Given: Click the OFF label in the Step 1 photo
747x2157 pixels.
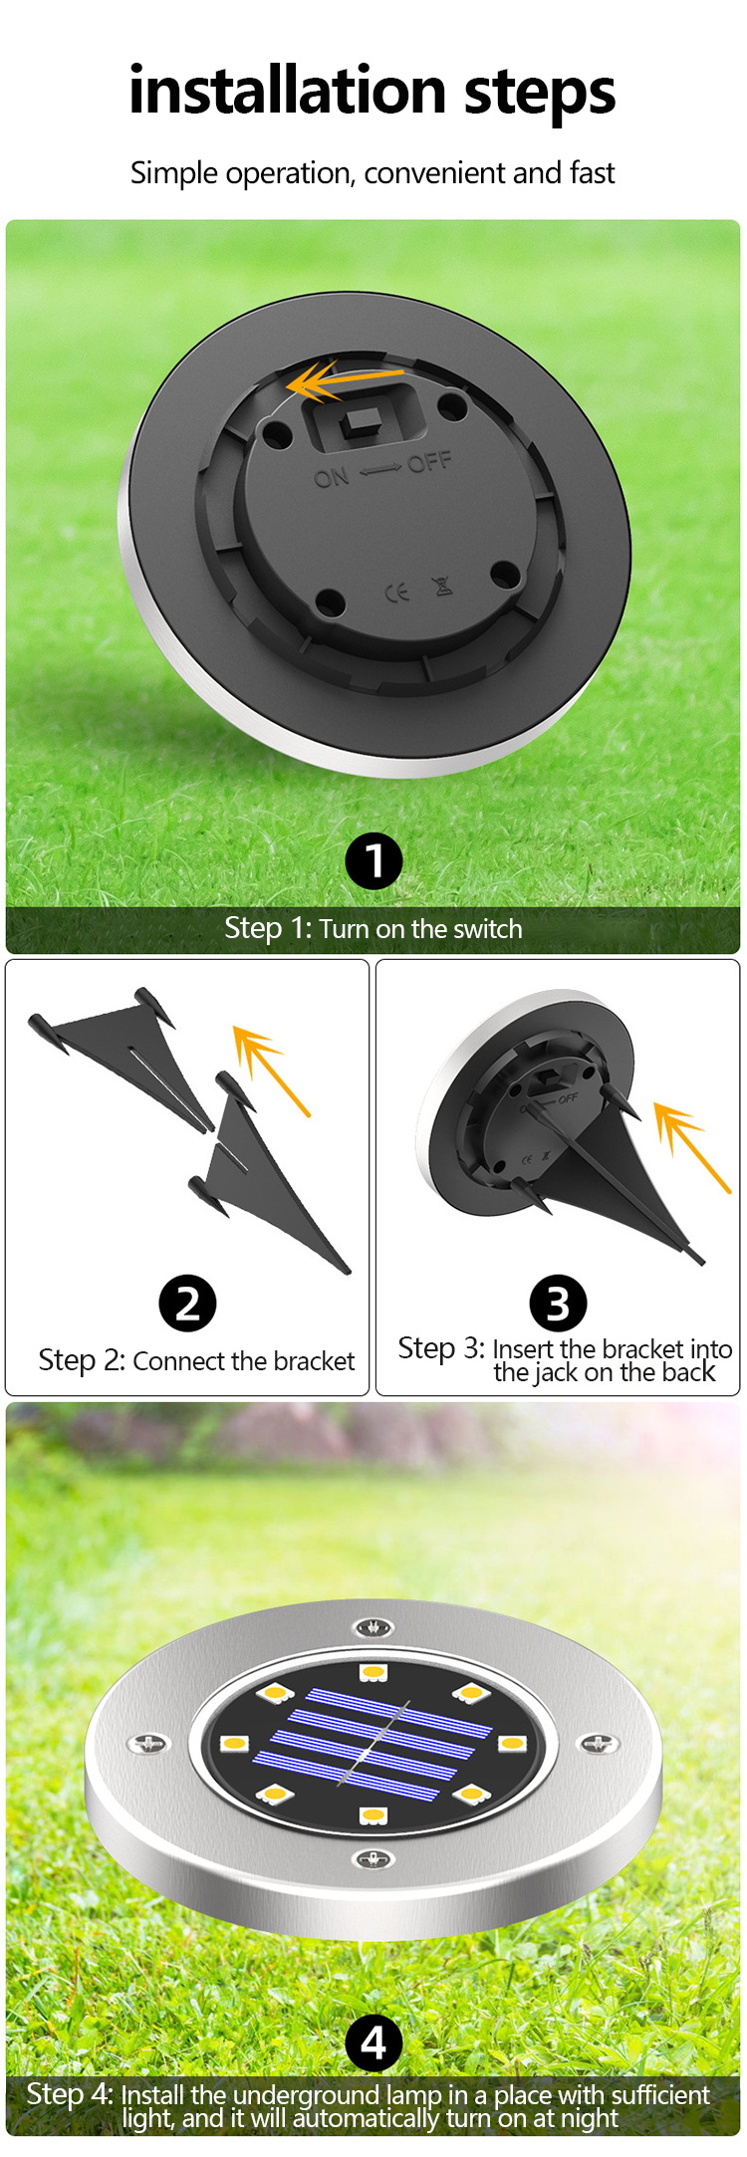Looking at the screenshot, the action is coord(429,462).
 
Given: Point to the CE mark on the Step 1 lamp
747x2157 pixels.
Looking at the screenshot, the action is coord(397,594).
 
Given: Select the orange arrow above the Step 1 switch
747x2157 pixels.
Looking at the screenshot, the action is coord(345,380).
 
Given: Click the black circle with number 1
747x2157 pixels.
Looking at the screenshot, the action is coord(373,861).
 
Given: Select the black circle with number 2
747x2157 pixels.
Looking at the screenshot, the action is coord(187,1303).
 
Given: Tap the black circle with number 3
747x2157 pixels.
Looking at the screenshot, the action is coord(558,1303).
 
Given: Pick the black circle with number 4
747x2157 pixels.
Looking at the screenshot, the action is coord(373,2044).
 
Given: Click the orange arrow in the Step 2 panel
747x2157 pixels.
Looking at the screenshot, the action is coord(272,1072).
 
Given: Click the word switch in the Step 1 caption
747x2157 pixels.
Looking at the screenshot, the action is coord(488,929).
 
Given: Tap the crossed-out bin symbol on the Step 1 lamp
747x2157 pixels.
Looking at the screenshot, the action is coord(443,586).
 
